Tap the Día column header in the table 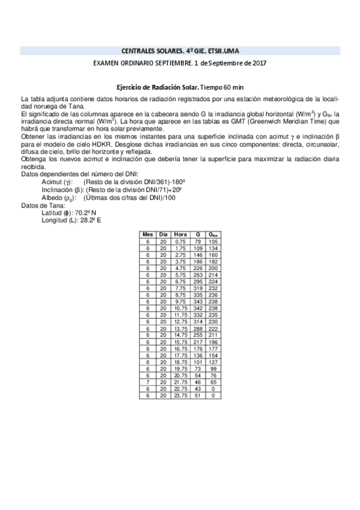coord(163,234)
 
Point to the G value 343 coord(197,301)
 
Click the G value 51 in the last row coord(197,395)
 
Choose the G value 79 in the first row coord(197,241)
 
